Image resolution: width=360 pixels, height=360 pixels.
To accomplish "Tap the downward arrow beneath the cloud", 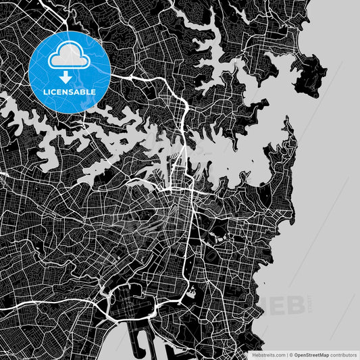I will click(x=70, y=76).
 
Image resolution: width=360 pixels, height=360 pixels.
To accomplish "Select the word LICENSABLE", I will click(x=70, y=91).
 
